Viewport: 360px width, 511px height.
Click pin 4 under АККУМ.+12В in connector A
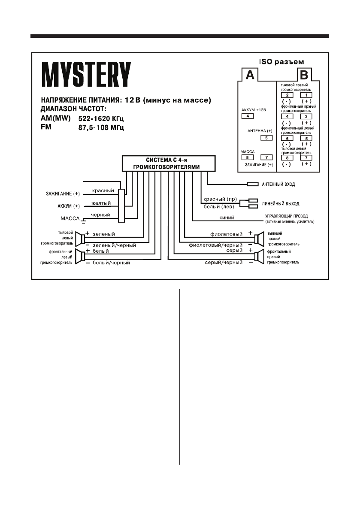tap(248, 116)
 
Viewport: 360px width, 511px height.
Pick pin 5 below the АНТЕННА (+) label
tap(266, 138)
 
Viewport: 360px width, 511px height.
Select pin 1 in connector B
tap(306, 95)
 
